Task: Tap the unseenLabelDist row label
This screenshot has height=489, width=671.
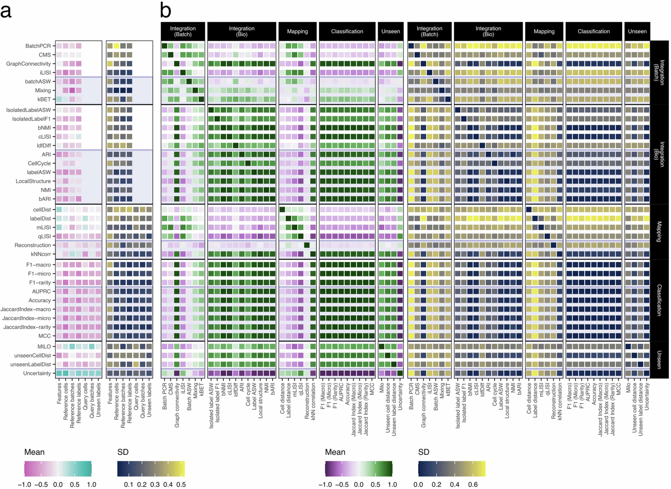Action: [x=31, y=364]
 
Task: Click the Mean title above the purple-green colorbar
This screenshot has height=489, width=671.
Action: [x=335, y=452]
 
